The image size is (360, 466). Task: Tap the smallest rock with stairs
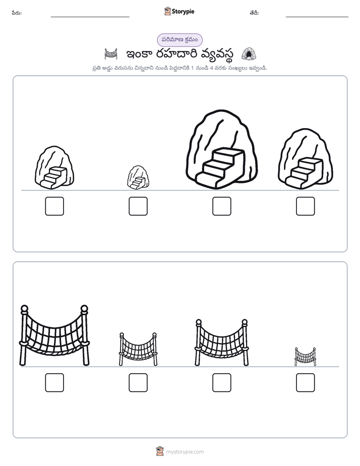tap(138, 178)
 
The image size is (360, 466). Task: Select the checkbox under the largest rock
tap(221, 206)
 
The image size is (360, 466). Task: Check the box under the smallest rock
tap(138, 206)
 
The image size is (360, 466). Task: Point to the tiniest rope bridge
tap(305, 357)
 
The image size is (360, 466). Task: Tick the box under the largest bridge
tap(54, 382)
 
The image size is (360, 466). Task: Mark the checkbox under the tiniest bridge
tap(306, 382)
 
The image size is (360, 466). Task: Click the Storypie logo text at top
tap(183, 12)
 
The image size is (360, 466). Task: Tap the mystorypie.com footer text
tap(185, 452)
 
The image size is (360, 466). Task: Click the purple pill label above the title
tap(179, 40)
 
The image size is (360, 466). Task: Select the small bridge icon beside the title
tap(111, 54)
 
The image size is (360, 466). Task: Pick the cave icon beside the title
tap(249, 54)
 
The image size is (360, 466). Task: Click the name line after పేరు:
tap(90, 17)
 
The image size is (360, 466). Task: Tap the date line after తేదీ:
tap(317, 17)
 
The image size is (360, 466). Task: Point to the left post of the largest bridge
tap(24, 335)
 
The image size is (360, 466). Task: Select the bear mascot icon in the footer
tap(160, 451)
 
